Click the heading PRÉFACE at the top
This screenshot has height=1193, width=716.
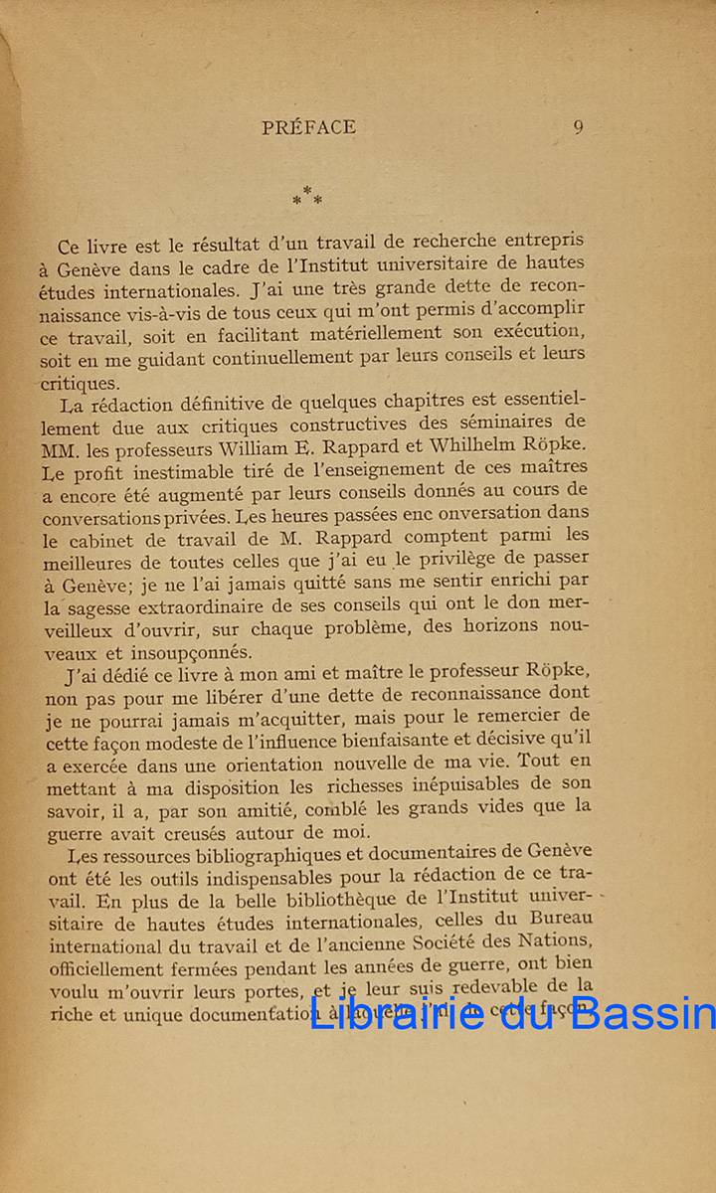pos(308,127)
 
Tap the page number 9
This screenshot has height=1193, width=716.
pos(579,127)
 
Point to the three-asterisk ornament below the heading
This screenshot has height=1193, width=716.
pos(307,196)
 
